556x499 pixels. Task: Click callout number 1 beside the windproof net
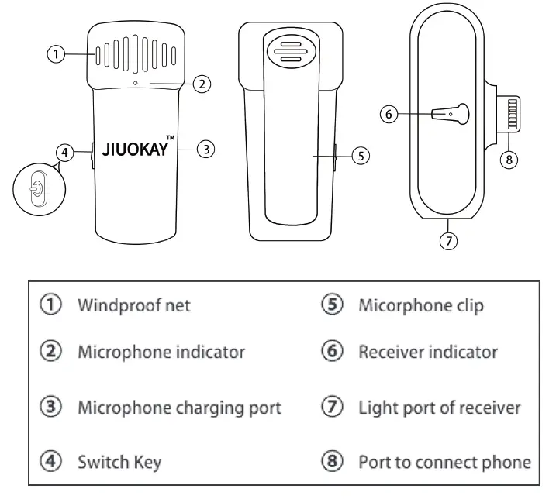55,54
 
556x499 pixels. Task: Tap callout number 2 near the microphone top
201,84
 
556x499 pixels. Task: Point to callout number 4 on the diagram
67,153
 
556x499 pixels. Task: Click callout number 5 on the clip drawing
360,155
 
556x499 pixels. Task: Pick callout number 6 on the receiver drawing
390,114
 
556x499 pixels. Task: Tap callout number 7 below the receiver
447,240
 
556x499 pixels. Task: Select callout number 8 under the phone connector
508,159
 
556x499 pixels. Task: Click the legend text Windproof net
133,305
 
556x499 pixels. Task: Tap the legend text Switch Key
119,463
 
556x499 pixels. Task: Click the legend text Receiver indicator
427,353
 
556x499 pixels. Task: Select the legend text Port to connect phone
444,463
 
